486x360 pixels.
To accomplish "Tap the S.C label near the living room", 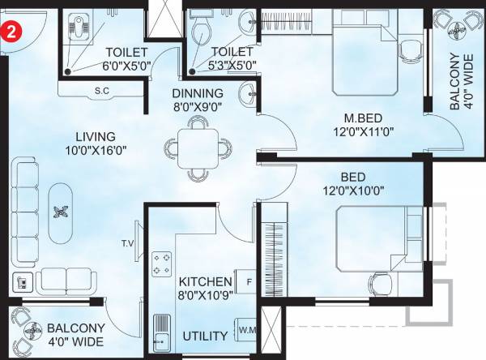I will pos(103,91).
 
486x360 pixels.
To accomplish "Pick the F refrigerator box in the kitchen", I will pos(248,281).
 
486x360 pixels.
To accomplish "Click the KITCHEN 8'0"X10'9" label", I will pos(206,287).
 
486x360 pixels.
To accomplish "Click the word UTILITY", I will pos(204,336).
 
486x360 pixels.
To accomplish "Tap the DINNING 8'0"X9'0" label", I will pos(198,99).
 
